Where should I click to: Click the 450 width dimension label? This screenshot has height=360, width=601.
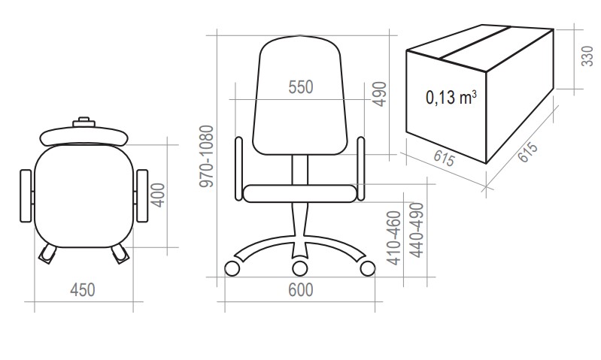(x=83, y=290)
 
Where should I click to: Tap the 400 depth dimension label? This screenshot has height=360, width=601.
(x=158, y=195)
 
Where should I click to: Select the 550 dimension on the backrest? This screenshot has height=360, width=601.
(x=301, y=87)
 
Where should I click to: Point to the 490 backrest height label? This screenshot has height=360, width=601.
(x=379, y=94)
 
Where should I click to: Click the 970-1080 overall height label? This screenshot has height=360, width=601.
(x=207, y=156)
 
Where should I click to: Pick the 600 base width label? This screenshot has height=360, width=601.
(x=301, y=290)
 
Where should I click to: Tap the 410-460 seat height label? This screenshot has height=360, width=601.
(x=394, y=237)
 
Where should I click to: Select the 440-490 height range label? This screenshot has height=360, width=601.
(x=417, y=230)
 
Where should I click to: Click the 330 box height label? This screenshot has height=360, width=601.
(x=587, y=56)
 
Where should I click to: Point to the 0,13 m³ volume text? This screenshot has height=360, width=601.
(x=451, y=97)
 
